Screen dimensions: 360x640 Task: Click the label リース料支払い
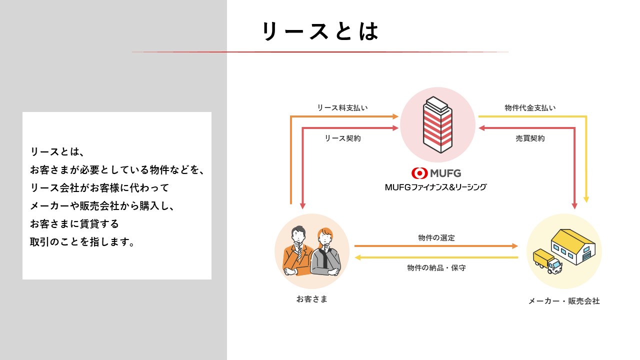(x=342, y=108)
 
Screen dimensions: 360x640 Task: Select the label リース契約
(x=342, y=138)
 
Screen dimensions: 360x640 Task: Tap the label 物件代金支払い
(x=530, y=108)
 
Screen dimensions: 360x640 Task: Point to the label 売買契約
(x=530, y=138)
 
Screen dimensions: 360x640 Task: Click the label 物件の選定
(x=436, y=238)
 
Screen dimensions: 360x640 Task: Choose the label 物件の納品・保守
(x=436, y=268)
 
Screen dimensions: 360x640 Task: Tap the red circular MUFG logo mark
(x=419, y=173)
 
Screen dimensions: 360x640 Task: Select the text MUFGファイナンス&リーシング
(x=435, y=187)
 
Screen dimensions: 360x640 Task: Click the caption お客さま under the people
(x=311, y=299)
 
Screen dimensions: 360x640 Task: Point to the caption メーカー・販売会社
(x=564, y=301)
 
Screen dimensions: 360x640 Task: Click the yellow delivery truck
(x=547, y=261)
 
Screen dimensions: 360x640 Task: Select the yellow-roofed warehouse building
(x=573, y=246)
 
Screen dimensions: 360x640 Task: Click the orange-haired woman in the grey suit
(x=326, y=252)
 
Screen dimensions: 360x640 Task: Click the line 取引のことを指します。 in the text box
(x=82, y=242)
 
